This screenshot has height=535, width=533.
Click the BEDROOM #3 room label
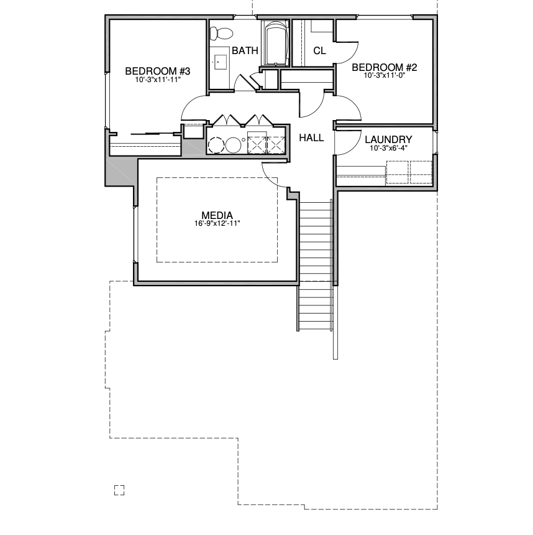pyautogui.click(x=157, y=72)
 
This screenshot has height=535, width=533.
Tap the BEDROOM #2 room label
pyautogui.click(x=384, y=68)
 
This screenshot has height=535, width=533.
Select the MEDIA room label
pyautogui.click(x=217, y=216)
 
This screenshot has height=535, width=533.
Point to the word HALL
pyautogui.click(x=311, y=138)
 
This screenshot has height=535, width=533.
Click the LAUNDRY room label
pyautogui.click(x=388, y=139)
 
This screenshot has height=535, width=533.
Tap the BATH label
pyautogui.click(x=245, y=51)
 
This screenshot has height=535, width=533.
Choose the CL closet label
pyautogui.click(x=320, y=51)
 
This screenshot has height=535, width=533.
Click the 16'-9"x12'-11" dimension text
pyautogui.click(x=217, y=224)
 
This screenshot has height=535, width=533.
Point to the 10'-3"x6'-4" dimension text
pyautogui.click(x=388, y=148)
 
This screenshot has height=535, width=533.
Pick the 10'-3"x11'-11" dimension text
pyautogui.click(x=157, y=80)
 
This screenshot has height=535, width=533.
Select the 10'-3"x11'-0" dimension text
pyautogui.click(x=384, y=75)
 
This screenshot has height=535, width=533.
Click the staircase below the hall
pyautogui.click(x=315, y=266)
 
